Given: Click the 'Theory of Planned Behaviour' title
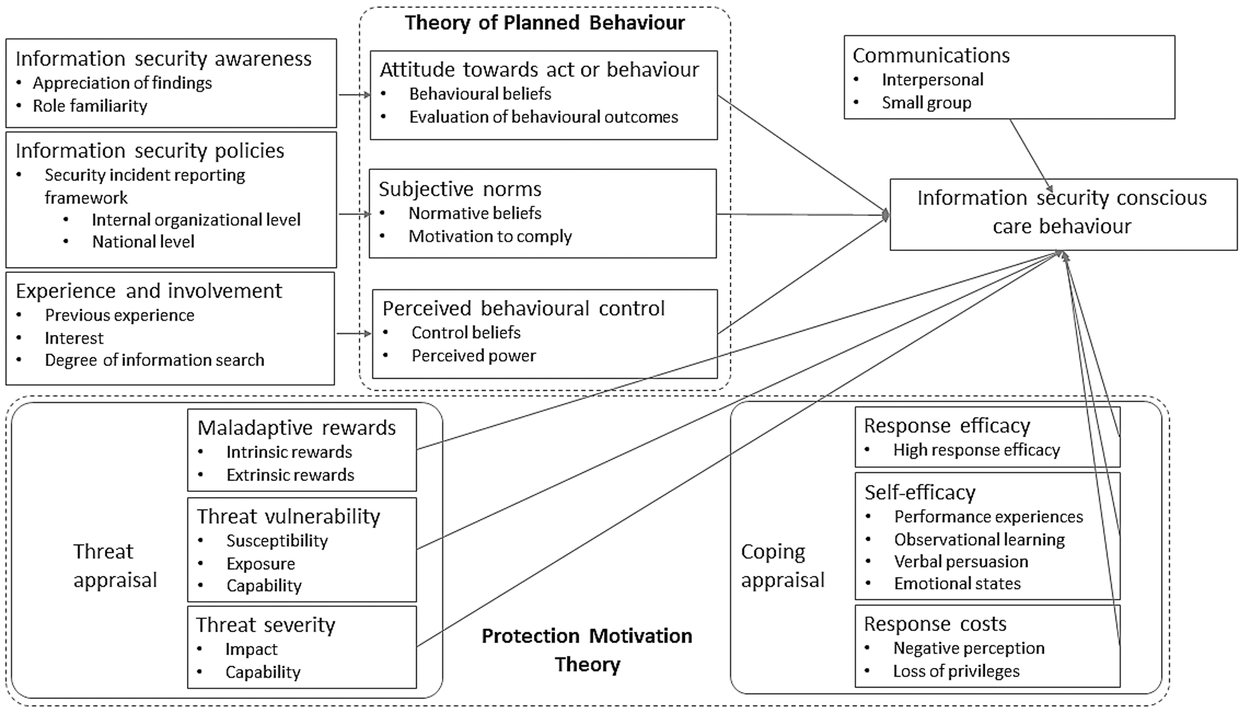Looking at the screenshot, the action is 545,23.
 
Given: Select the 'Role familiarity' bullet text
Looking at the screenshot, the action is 90,105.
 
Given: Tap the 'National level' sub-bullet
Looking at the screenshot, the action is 143,241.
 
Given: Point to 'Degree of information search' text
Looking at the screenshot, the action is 154,360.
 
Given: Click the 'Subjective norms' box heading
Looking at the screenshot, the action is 460,189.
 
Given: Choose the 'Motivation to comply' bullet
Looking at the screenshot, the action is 490,236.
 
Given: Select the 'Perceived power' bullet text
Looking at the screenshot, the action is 473,355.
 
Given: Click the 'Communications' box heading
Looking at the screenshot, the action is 931,55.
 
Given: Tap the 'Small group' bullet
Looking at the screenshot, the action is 926,102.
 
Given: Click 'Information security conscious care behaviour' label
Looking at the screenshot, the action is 1062,212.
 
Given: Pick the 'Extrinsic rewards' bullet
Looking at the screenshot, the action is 290,475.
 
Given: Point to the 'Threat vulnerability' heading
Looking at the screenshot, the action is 288,517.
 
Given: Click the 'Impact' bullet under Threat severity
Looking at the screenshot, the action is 251,649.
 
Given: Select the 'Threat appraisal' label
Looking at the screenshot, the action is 115,565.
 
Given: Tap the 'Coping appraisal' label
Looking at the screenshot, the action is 783,565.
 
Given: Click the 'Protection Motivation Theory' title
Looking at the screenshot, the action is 587,649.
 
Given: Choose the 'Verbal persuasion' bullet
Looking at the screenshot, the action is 961,562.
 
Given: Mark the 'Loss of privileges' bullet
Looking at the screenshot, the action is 956,671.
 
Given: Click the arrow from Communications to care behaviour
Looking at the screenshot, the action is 1031,155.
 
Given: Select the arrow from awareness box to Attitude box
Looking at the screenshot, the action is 354,95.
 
